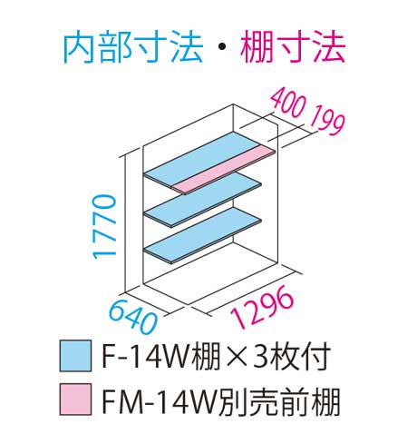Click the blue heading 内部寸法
coord(132,49)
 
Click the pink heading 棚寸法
coord(293,49)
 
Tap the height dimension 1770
coord(104,227)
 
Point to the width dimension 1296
coord(262,306)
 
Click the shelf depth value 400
coord(287,102)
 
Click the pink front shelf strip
coord(224,168)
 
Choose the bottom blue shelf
coord(203,235)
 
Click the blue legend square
coord(75,356)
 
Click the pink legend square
coord(75,399)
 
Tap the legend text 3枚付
coord(291,358)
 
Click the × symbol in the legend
coord(236,358)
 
